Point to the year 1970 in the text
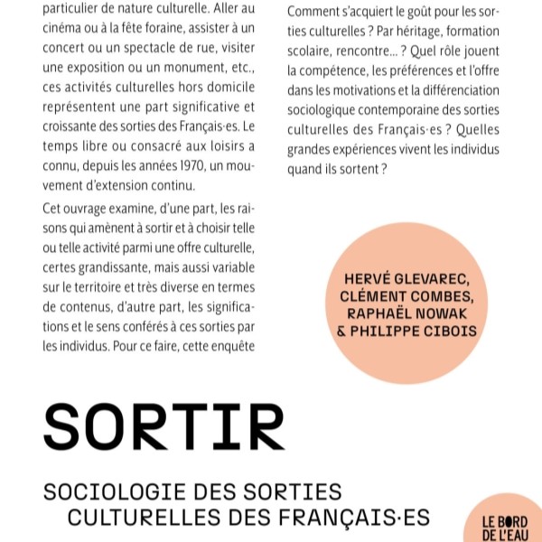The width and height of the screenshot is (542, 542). point(191,167)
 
